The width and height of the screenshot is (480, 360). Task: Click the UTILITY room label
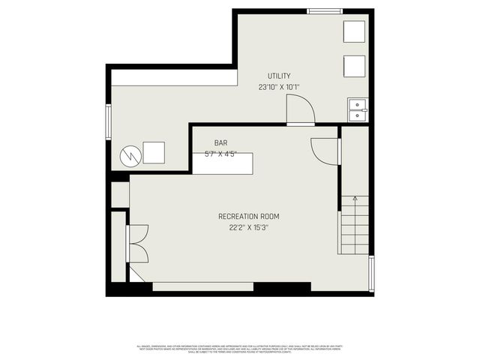point(279,76)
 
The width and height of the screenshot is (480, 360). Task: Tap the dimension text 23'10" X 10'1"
point(279,87)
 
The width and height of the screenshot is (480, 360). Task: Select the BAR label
point(220,142)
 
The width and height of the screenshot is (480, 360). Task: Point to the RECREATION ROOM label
point(248,217)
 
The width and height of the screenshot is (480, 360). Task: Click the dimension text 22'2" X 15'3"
point(248,227)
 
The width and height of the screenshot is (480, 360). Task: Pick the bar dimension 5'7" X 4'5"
point(220,154)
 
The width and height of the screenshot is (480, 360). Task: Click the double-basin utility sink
point(357,109)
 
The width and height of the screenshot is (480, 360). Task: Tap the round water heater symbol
point(130,155)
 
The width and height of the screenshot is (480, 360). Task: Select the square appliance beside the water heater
point(154,152)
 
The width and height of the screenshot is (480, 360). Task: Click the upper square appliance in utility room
point(354,31)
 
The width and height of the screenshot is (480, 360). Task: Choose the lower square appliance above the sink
point(354,66)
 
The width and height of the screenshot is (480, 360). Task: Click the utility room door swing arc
point(300,108)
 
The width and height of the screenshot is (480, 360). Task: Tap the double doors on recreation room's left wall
point(138,244)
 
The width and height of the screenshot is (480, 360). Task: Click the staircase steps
point(354,225)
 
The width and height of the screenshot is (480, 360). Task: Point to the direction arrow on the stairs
point(355,199)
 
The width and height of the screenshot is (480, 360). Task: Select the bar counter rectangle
point(223,163)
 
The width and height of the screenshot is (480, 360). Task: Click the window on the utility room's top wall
point(325,11)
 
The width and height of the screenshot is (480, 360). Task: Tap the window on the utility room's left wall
point(109,121)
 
